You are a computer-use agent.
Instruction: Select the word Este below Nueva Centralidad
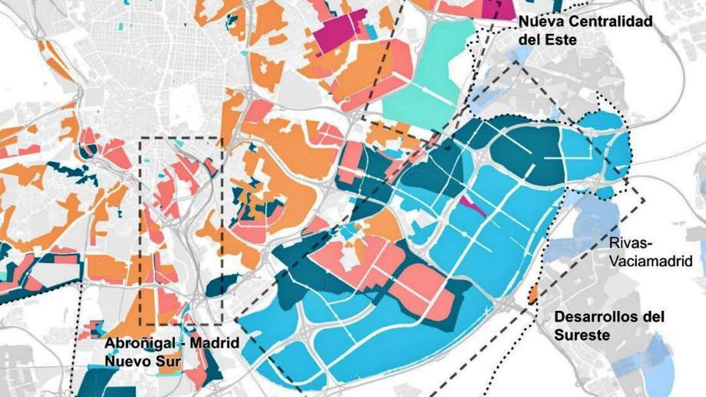click(x=560, y=41)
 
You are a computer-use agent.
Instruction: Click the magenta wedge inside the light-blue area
click(x=472, y=206)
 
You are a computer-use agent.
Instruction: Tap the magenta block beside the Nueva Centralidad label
click(x=498, y=9)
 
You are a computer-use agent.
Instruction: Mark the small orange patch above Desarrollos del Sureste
click(x=533, y=293)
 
